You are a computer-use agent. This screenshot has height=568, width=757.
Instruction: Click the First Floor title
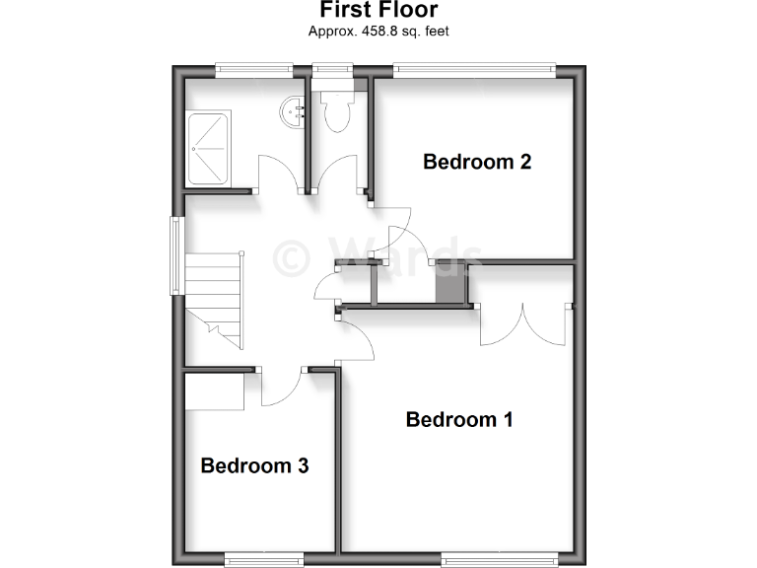click(x=378, y=10)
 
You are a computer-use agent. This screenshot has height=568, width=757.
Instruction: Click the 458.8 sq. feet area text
click(x=378, y=32)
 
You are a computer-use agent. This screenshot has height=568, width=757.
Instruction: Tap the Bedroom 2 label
click(x=477, y=162)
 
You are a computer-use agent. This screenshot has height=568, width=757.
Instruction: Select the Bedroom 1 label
click(x=459, y=419)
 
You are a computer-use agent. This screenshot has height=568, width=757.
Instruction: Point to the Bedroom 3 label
click(x=254, y=465)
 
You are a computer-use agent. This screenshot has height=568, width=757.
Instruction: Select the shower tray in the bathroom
click(x=207, y=148)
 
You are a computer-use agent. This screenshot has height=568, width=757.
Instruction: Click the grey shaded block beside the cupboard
click(x=450, y=284)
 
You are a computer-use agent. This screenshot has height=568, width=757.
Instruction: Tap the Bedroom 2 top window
click(x=474, y=69)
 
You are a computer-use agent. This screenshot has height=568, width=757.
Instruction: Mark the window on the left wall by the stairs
click(x=176, y=256)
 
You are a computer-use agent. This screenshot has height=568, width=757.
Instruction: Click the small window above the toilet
click(x=332, y=69)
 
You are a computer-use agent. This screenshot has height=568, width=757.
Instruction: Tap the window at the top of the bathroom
click(x=254, y=69)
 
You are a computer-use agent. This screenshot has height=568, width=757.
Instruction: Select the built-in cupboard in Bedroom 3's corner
click(x=215, y=391)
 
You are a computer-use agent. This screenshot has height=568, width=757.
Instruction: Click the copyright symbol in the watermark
click(x=293, y=258)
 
